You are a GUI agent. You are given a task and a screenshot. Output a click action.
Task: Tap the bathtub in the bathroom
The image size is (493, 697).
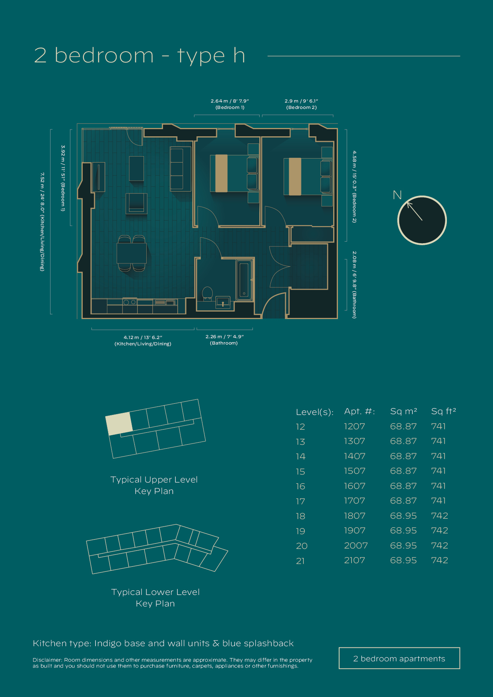[244, 280]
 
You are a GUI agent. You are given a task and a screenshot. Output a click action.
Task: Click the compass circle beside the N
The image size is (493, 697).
[422, 220]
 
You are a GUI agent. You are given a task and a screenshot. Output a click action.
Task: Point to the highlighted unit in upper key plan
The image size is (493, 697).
[119, 424]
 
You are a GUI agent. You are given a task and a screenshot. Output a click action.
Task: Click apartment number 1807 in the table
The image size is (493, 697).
[354, 516]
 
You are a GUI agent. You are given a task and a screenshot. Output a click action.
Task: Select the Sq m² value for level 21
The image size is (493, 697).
[403, 560]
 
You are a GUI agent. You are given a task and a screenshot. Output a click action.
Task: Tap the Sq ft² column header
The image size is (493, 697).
[443, 411]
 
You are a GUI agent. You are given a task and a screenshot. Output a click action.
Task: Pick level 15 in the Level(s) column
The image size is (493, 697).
[301, 472]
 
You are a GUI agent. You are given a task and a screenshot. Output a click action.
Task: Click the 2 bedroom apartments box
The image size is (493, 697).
[399, 658]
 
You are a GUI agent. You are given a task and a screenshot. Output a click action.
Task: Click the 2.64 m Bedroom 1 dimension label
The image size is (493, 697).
[230, 104]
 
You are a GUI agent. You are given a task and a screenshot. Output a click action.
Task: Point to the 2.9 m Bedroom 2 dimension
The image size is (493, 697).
[301, 104]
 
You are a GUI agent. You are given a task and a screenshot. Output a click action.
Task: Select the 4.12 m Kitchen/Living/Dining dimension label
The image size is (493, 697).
[143, 341]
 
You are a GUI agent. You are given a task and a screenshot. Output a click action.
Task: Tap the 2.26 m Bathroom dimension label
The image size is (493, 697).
[224, 340]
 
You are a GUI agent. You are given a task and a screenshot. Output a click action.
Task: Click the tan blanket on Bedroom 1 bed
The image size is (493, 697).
[221, 173]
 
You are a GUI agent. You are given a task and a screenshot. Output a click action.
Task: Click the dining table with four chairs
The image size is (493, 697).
[132, 253]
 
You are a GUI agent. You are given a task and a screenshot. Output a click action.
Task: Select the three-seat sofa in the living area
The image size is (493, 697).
[177, 169]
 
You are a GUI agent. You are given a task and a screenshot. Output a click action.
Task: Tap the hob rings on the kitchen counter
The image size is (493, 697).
[130, 302]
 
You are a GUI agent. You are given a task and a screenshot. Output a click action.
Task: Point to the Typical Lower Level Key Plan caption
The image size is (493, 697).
[155, 598]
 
